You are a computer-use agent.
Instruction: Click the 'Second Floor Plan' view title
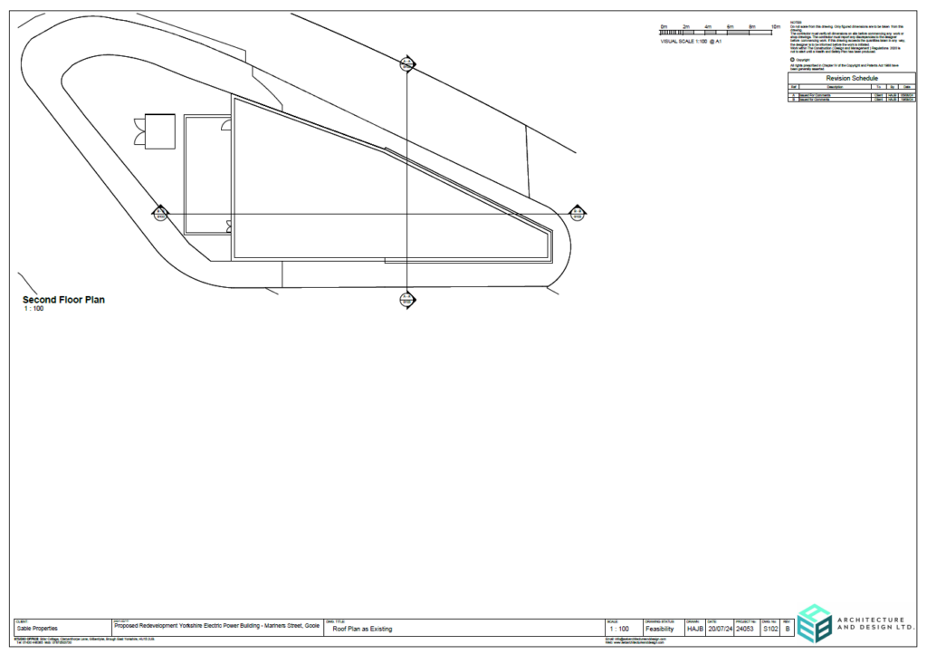[63, 300]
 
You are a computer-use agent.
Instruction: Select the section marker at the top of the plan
[406, 63]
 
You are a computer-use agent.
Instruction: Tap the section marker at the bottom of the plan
[406, 300]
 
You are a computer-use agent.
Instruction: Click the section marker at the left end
[160, 213]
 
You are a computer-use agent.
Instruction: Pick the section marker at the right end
[577, 213]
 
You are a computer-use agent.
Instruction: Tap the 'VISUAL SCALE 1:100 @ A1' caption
[691, 42]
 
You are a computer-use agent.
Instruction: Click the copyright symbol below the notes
[792, 60]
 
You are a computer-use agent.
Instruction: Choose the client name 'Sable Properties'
[37, 628]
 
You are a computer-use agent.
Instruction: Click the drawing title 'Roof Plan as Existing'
[363, 628]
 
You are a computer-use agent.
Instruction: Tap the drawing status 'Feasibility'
[659, 629]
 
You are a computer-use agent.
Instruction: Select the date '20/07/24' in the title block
[719, 629]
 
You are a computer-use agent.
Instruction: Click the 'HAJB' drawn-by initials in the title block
[695, 629]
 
